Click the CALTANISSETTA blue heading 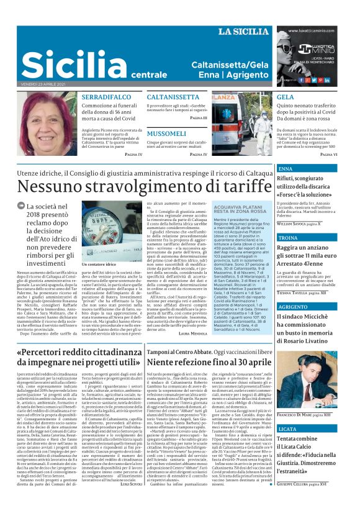click(x=173, y=98)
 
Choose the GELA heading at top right click(x=286, y=98)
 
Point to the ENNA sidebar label click(x=286, y=169)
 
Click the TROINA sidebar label click(x=289, y=238)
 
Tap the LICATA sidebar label click(x=288, y=429)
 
